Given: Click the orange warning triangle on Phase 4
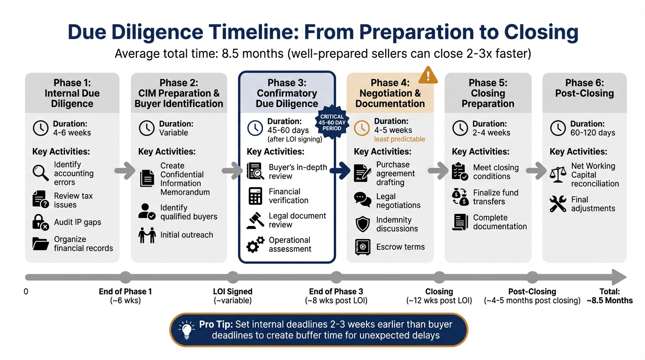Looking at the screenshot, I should (427, 75).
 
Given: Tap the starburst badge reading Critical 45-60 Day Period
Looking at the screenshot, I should (332, 123).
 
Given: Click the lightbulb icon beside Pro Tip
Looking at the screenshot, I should (187, 330).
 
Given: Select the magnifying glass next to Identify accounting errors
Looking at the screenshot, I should (40, 173).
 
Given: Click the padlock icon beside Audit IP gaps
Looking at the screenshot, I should (40, 222).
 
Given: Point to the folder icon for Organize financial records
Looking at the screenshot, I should (40, 244).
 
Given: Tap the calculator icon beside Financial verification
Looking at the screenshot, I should (255, 196).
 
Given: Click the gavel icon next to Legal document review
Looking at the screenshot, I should (255, 220).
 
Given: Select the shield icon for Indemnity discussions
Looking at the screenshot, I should (363, 224).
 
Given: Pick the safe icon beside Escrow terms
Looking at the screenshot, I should (363, 247).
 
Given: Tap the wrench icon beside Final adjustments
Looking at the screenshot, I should (558, 204).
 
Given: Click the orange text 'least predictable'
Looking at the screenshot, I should (399, 139).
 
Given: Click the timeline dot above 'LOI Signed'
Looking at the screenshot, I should (232, 277).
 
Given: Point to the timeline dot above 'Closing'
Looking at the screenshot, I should (439, 277).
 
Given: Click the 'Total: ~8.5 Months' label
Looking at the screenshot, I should (609, 296).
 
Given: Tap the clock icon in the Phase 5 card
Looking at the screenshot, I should (460, 128).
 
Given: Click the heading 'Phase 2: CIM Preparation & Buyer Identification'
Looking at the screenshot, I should (179, 93).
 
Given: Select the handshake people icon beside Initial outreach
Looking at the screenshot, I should (147, 235).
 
